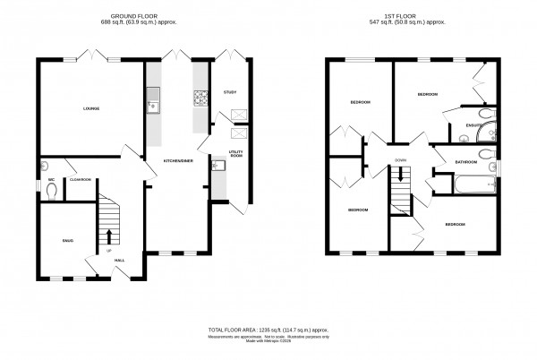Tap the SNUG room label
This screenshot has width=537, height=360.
67,241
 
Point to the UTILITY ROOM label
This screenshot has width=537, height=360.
237,154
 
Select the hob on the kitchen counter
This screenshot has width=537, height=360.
199,98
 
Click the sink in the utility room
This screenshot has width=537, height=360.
217,166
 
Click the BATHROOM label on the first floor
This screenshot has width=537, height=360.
465,162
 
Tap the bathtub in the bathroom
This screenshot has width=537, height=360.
474,184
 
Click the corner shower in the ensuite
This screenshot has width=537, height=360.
488,133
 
